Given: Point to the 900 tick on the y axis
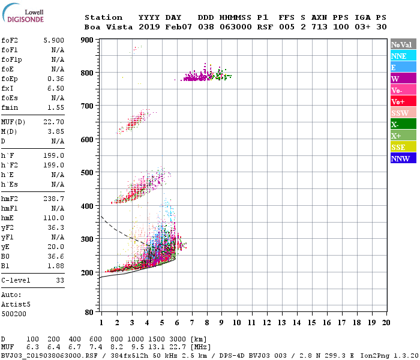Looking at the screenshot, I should (87, 40).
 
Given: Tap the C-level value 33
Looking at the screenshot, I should (60, 280).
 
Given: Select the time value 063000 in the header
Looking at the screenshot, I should (235, 27).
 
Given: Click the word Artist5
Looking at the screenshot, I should (16, 304).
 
